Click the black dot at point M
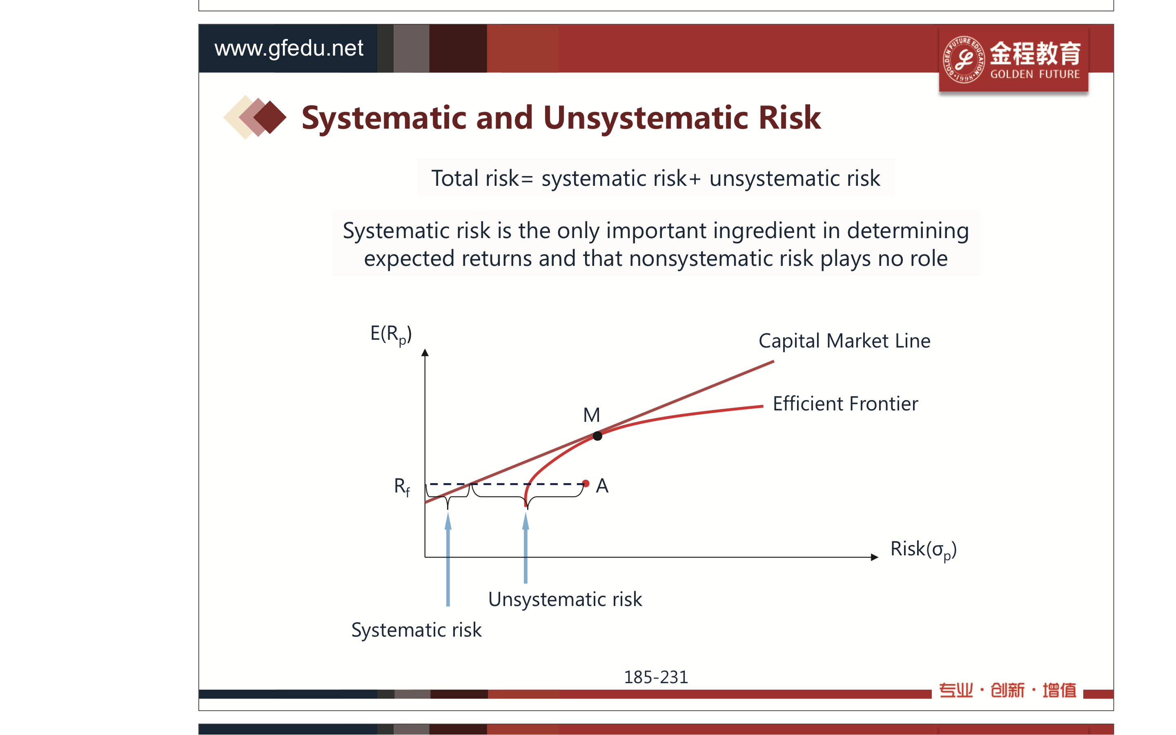(x=598, y=436)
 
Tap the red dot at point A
(x=586, y=484)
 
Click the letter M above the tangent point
(x=591, y=415)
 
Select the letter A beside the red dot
(x=602, y=486)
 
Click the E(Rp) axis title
(x=391, y=334)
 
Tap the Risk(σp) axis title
(x=923, y=550)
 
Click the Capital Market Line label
(x=844, y=341)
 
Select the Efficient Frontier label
(x=846, y=403)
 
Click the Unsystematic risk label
(x=565, y=599)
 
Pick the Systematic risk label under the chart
(x=416, y=630)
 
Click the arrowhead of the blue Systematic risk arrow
(x=448, y=521)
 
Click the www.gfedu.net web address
(x=289, y=48)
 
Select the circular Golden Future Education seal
(x=964, y=59)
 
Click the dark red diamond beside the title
(x=270, y=117)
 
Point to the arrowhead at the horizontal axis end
(x=875, y=557)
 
